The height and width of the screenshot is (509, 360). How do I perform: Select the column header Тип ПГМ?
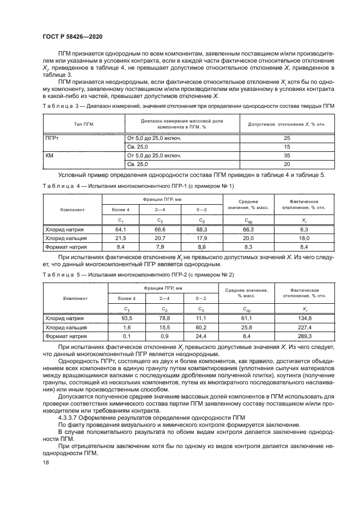(x=84, y=124)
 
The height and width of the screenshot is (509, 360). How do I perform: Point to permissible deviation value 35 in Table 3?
(x=287, y=155)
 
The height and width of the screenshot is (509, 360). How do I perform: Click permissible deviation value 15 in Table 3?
(x=287, y=147)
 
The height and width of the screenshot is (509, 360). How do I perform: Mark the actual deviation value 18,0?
(x=304, y=238)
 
